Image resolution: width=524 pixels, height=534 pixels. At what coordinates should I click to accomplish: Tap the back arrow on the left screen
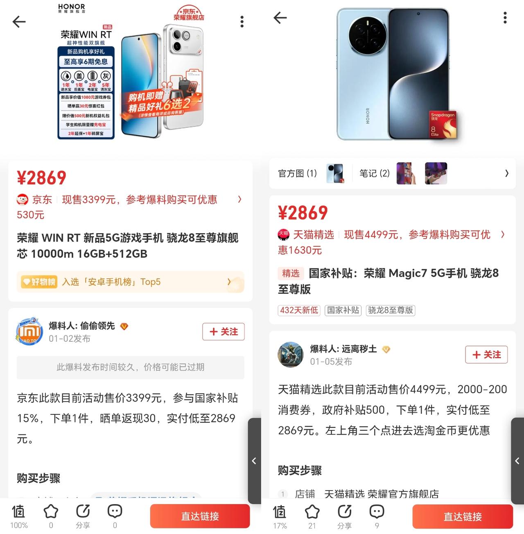[19, 22]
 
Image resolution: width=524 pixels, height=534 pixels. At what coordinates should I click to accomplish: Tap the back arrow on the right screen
[280, 18]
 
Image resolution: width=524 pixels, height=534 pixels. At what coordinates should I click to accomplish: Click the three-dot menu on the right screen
[505, 18]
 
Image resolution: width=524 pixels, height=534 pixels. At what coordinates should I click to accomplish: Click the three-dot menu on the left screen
[242, 22]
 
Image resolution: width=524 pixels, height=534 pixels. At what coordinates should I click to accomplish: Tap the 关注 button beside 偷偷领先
[223, 332]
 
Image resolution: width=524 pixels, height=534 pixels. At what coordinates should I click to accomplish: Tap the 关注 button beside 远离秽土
[486, 354]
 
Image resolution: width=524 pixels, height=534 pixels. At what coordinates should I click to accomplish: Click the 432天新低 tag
[299, 310]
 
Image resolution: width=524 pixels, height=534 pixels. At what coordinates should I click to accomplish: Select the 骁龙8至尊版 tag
[391, 310]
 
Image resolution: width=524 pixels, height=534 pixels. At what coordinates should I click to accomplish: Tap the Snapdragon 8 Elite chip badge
[443, 125]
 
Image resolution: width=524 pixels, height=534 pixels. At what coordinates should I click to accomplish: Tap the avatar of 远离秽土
[290, 354]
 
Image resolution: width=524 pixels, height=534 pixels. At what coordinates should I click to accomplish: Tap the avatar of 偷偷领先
[29, 332]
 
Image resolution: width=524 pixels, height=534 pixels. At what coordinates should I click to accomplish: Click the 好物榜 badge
[39, 282]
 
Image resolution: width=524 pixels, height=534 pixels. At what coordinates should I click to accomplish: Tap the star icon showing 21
[312, 512]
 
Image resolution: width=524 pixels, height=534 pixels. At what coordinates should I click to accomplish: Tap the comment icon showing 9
[376, 512]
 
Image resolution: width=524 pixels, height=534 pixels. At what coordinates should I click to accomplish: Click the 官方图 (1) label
[297, 173]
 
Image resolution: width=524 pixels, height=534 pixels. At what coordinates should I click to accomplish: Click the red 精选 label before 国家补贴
[291, 273]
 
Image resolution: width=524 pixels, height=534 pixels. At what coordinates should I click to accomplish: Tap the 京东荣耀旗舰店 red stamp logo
[189, 14]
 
